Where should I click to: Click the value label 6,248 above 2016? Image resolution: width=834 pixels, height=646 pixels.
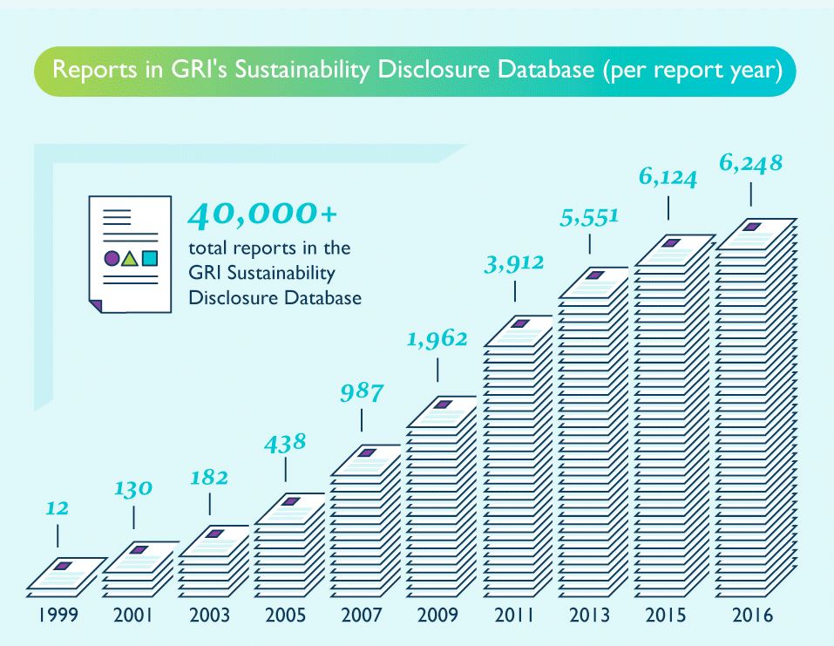tap(750, 163)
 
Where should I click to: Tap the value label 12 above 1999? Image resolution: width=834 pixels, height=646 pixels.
tap(58, 508)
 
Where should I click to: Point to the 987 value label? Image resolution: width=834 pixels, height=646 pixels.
tap(360, 392)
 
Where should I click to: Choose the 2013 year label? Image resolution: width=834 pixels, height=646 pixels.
tap(589, 615)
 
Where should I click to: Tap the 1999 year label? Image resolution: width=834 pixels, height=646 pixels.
tap(58, 615)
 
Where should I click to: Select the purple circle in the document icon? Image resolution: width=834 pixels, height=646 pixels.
tap(112, 258)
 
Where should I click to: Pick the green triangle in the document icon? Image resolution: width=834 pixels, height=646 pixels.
tap(130, 258)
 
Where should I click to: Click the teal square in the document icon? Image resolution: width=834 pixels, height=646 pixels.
tap(149, 258)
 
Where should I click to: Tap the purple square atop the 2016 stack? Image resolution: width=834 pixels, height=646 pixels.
tap(751, 228)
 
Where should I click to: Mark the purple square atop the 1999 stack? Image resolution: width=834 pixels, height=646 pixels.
tap(63, 566)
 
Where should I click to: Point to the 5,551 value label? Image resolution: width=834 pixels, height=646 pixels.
tap(589, 216)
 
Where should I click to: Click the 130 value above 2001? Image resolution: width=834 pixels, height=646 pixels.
tap(132, 489)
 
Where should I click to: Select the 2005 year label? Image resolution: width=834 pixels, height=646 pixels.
tap(285, 615)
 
